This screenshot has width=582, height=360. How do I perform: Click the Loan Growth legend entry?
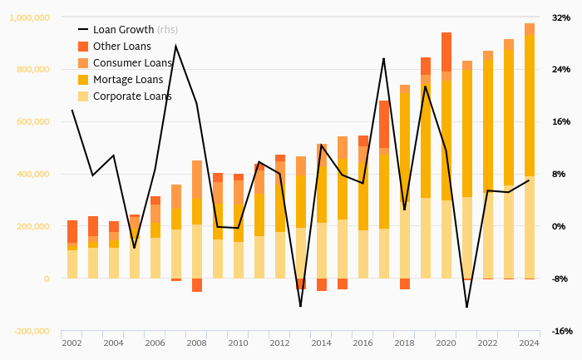point(124,30)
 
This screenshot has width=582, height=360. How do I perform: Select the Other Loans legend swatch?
point(83,47)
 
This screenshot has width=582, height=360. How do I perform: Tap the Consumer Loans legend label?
point(132,63)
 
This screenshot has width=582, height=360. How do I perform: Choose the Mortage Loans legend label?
point(128,80)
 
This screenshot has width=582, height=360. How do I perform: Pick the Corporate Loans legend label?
point(132,96)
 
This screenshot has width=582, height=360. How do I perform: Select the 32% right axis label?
point(560,17)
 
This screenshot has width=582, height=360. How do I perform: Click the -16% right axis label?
point(560,331)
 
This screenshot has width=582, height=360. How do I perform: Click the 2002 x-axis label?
point(72,343)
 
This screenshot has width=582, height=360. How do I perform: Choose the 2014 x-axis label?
point(322,343)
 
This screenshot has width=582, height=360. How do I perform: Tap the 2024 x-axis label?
point(530,343)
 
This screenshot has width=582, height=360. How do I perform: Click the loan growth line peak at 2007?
point(175,47)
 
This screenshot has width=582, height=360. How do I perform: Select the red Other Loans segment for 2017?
point(384,125)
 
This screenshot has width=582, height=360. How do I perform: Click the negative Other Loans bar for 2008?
point(197,285)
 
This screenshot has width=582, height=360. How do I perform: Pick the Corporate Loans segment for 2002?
point(72,264)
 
